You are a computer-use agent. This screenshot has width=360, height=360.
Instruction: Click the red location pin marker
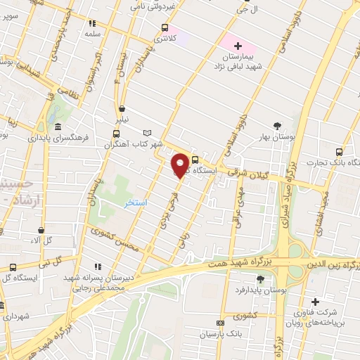pos(180,165)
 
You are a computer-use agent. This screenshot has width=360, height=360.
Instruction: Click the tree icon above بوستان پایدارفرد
pos(260,278)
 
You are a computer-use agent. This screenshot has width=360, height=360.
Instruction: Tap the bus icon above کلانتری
pos(164,28)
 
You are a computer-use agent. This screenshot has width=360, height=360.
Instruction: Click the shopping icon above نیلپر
pos(122,109)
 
